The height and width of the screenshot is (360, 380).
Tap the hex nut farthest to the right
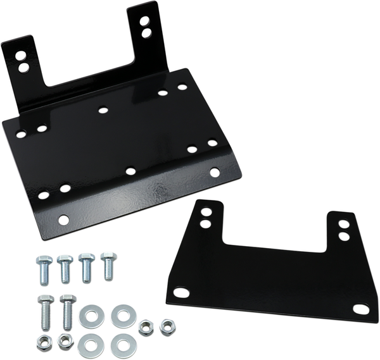(168, 326)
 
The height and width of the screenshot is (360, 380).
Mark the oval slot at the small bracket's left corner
(183, 292)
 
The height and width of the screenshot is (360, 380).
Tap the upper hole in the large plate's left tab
(25, 53)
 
